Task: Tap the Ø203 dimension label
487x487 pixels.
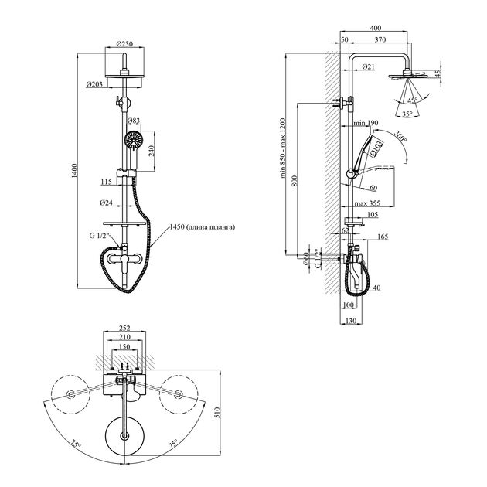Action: [94, 83]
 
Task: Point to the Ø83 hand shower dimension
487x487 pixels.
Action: [133, 121]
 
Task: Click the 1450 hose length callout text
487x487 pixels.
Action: [200, 227]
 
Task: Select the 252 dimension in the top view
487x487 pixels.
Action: [124, 328]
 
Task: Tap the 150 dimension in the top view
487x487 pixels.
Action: [124, 347]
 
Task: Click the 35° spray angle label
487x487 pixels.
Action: [407, 114]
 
